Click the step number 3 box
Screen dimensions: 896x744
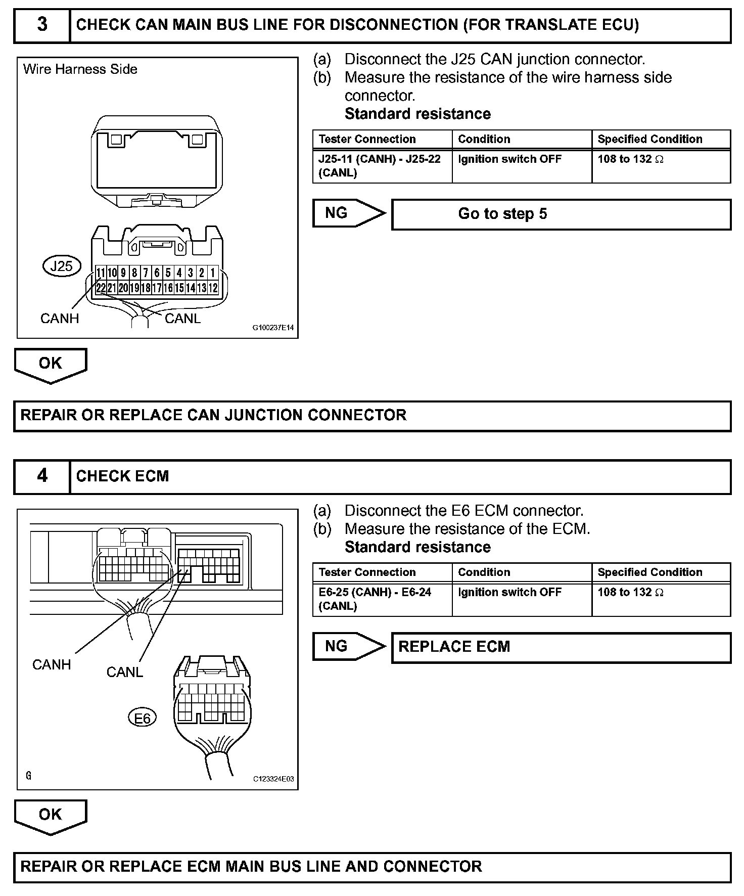pyautogui.click(x=42, y=25)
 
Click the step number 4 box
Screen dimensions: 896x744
pyautogui.click(x=42, y=476)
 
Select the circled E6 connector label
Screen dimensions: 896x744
pyautogui.click(x=142, y=718)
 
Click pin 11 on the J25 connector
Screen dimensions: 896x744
pyautogui.click(x=101, y=273)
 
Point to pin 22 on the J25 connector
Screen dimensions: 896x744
pyautogui.click(x=101, y=288)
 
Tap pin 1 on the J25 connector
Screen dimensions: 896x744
pyautogui.click(x=213, y=273)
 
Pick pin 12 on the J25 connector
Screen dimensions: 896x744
pyautogui.click(x=213, y=288)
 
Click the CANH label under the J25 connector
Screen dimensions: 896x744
pyautogui.click(x=60, y=319)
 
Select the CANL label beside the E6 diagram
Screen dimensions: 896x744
pyautogui.click(x=125, y=673)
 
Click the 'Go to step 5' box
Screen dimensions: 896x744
pyautogui.click(x=561, y=214)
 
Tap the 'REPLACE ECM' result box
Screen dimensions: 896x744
pyautogui.click(x=561, y=647)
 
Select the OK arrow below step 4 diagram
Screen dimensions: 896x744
pyautogui.click(x=51, y=816)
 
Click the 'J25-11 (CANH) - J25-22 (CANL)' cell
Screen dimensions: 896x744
pyautogui.click(x=382, y=166)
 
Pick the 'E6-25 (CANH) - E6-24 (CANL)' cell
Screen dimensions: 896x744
pyautogui.click(x=382, y=599)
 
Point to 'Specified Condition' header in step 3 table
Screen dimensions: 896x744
pyautogui.click(x=650, y=140)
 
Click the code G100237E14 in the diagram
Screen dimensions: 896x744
pyautogui.click(x=273, y=328)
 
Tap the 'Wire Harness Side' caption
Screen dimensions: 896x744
pyautogui.click(x=80, y=69)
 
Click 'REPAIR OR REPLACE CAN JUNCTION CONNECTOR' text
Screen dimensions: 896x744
pyautogui.click(x=213, y=416)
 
